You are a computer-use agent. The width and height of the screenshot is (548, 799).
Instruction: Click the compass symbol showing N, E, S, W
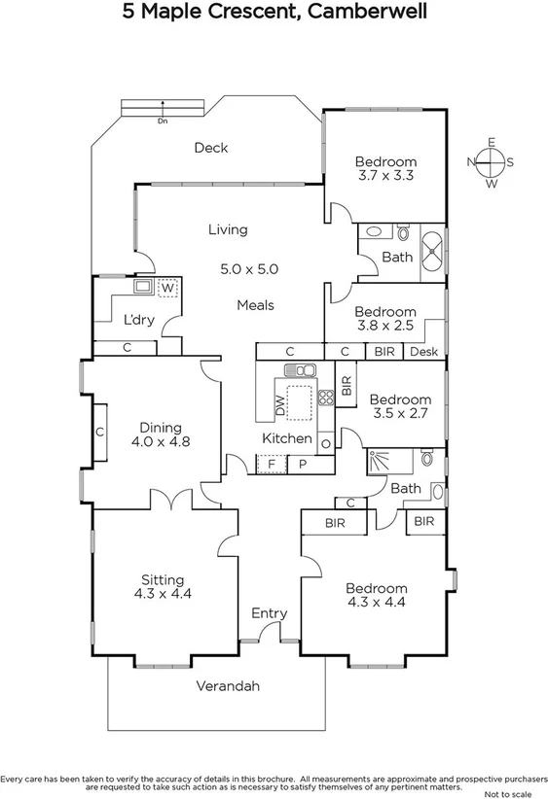491,162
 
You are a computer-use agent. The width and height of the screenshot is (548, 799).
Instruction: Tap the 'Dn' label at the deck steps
162,122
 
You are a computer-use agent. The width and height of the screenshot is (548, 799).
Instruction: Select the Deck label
210,148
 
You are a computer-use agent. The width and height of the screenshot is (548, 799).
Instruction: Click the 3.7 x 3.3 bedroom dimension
385,176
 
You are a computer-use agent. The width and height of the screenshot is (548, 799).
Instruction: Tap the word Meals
255,305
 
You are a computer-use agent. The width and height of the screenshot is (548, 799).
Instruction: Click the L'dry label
138,319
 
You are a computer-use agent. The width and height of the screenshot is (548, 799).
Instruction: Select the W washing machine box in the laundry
167,288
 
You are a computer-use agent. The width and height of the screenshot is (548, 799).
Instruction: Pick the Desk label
423,352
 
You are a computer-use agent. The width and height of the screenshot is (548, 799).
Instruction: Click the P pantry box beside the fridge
303,466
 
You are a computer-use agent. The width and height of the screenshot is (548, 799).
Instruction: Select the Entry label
269,613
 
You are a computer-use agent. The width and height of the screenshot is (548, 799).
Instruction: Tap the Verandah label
229,686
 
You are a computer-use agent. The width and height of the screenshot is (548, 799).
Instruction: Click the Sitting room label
163,580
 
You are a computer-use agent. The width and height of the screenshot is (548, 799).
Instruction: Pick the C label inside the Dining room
100,432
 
